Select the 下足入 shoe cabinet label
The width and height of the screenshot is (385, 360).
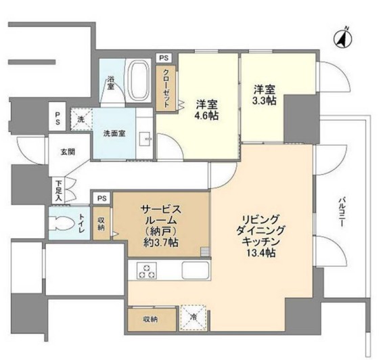(x=58, y=189)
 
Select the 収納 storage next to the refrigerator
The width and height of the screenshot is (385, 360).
(x=150, y=318)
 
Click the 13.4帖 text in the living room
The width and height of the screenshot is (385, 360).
(x=260, y=252)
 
